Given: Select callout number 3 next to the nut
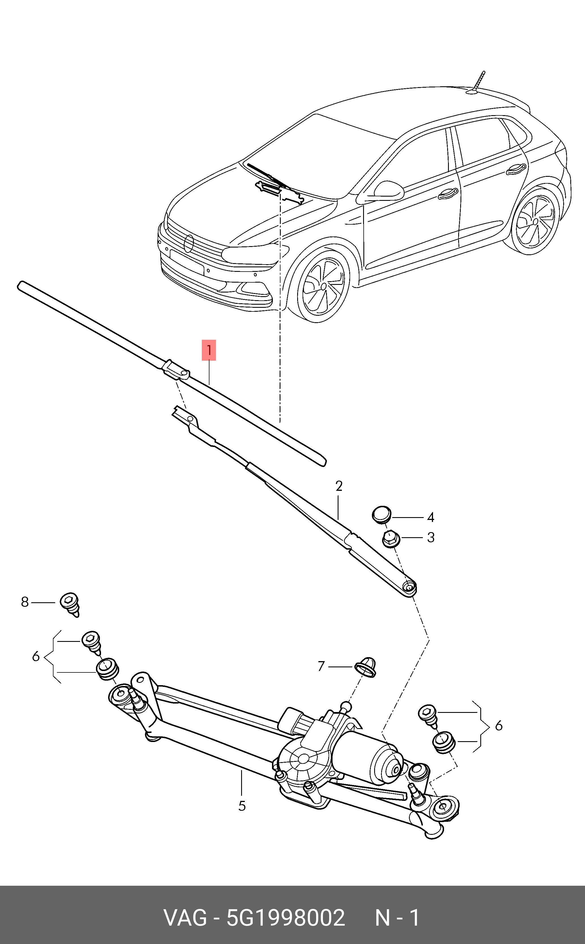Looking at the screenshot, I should (x=431, y=537).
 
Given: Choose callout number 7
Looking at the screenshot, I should (x=321, y=666).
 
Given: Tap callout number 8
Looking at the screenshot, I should (x=25, y=602).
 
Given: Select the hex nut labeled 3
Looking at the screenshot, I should (x=391, y=539).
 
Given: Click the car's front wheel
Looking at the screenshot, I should (x=322, y=286).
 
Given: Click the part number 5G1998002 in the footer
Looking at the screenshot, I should (x=286, y=918).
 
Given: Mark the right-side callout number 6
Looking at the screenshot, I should (x=499, y=726).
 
